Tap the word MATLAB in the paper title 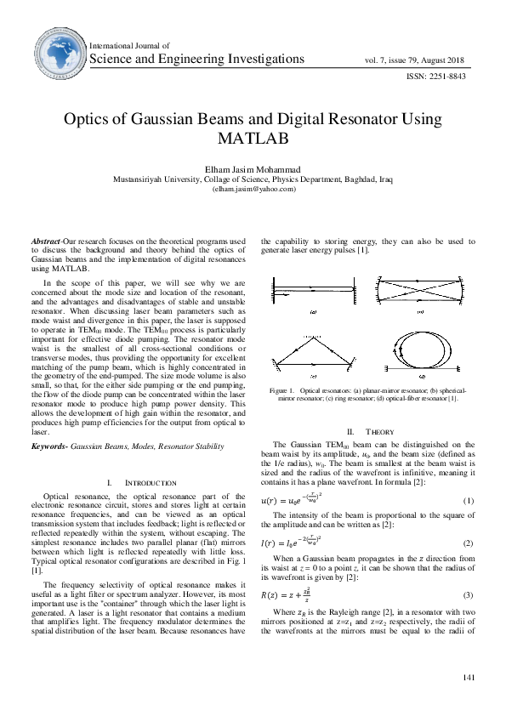pyautogui.click(x=253, y=137)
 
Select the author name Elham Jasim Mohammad pyautogui.click(x=253, y=169)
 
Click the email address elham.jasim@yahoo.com pyautogui.click(x=253, y=189)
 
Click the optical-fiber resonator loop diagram pyautogui.click(x=419, y=355)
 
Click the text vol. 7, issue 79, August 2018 pyautogui.click(x=415, y=60)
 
